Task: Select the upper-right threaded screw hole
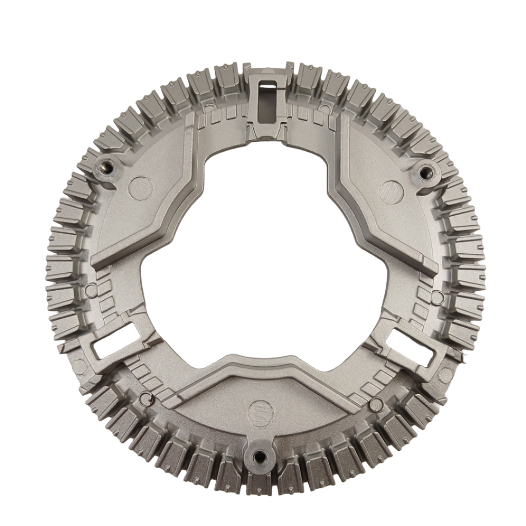pyautogui.click(x=424, y=171)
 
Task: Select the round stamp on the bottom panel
pyautogui.click(x=258, y=411)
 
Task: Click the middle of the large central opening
pyautogui.click(x=263, y=257)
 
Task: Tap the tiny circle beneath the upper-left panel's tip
pyautogui.click(x=90, y=289)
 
